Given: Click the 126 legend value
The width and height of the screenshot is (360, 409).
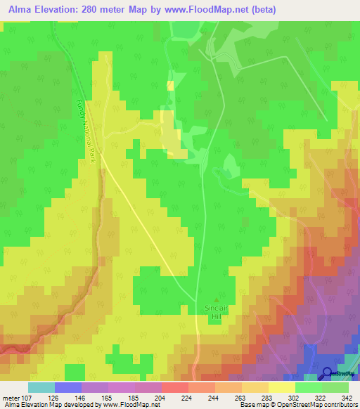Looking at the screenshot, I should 54,397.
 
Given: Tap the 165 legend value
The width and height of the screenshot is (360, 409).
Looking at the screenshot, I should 108,397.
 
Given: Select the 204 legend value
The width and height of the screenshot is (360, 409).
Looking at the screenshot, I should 161,397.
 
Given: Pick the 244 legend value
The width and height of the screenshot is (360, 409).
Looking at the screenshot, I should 214,397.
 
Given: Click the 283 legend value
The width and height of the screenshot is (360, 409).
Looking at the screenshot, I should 268,397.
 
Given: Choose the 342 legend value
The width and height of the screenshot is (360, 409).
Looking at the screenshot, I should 348,397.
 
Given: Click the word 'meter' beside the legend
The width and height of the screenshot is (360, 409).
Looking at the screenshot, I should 11,397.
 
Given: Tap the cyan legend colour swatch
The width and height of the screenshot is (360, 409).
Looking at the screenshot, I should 41,387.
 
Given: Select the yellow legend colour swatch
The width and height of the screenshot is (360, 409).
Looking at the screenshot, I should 281,387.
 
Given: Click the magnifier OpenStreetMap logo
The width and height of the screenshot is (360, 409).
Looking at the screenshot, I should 327,374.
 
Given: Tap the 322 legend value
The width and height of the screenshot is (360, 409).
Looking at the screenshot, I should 321,397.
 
